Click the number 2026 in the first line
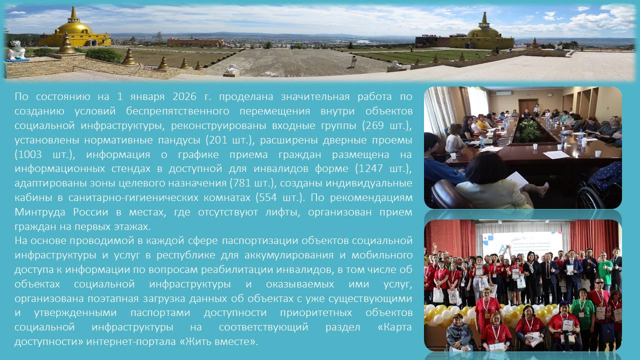(184, 96)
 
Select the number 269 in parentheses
(372, 125)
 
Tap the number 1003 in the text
(29, 154)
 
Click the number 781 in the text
(241, 183)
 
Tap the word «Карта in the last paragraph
(394, 327)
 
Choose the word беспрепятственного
(177, 111)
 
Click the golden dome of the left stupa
(73, 28)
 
